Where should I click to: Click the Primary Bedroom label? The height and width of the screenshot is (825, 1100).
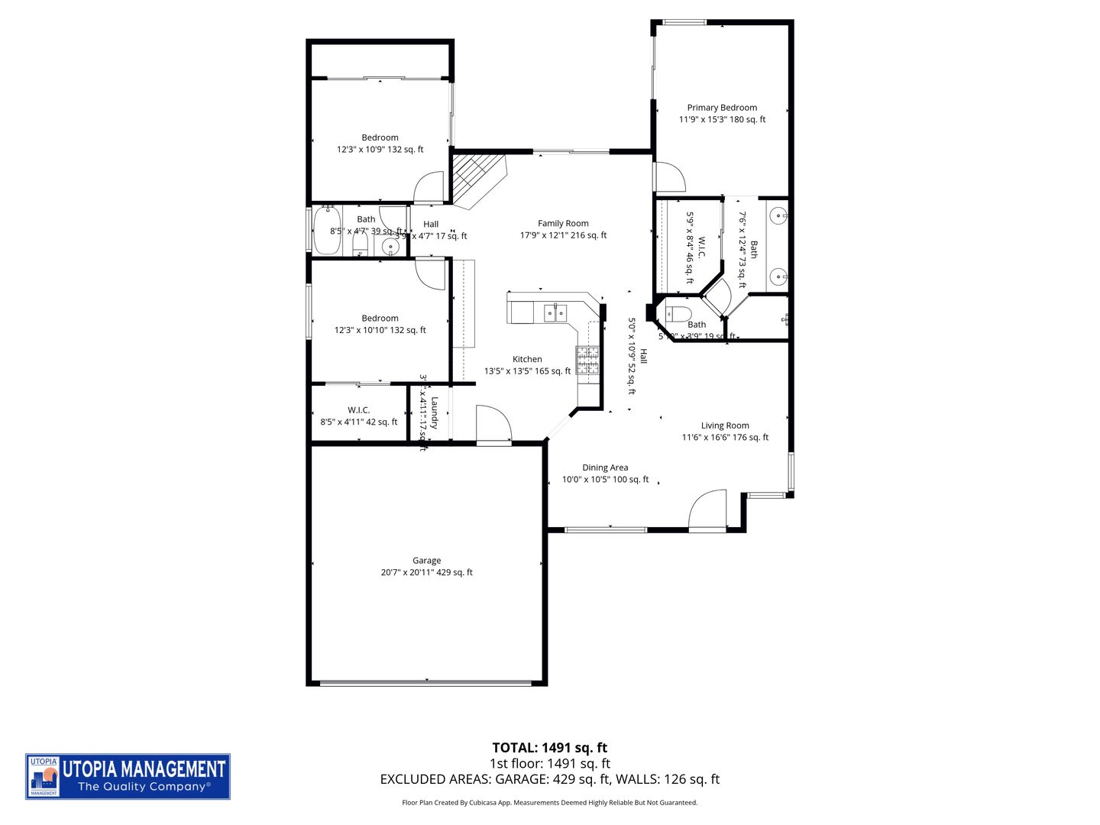pyautogui.click(x=722, y=108)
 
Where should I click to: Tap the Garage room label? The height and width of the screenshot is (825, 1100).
pyautogui.click(x=426, y=561)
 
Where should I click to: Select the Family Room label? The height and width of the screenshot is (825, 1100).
pyautogui.click(x=563, y=224)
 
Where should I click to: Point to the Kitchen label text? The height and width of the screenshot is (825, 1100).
pyautogui.click(x=527, y=359)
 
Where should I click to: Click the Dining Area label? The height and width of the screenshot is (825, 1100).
pyautogui.click(x=605, y=467)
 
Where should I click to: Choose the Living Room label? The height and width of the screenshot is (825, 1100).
pyautogui.click(x=725, y=425)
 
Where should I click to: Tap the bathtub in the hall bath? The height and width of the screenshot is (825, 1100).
pyautogui.click(x=328, y=232)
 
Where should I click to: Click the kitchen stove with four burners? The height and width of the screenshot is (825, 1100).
pyautogui.click(x=587, y=360)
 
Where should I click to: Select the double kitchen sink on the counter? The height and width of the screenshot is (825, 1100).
pyautogui.click(x=555, y=312)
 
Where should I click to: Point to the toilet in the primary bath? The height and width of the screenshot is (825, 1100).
pyautogui.click(x=678, y=313)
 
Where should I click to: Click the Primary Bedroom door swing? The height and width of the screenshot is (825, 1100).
pyautogui.click(x=670, y=177)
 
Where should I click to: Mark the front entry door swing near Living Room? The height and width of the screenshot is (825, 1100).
pyautogui.click(x=707, y=510)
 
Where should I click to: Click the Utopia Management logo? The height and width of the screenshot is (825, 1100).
pyautogui.click(x=128, y=776)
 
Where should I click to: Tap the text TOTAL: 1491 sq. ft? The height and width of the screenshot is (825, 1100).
pyautogui.click(x=549, y=748)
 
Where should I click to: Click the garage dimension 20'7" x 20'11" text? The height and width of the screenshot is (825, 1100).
pyautogui.click(x=426, y=572)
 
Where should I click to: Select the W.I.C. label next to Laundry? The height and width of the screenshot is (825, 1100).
pyautogui.click(x=358, y=410)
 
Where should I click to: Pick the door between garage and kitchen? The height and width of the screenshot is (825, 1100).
pyautogui.click(x=493, y=424)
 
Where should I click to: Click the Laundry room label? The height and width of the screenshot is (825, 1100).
pyautogui.click(x=434, y=412)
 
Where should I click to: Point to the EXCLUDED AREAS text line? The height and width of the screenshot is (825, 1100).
pyautogui.click(x=549, y=779)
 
